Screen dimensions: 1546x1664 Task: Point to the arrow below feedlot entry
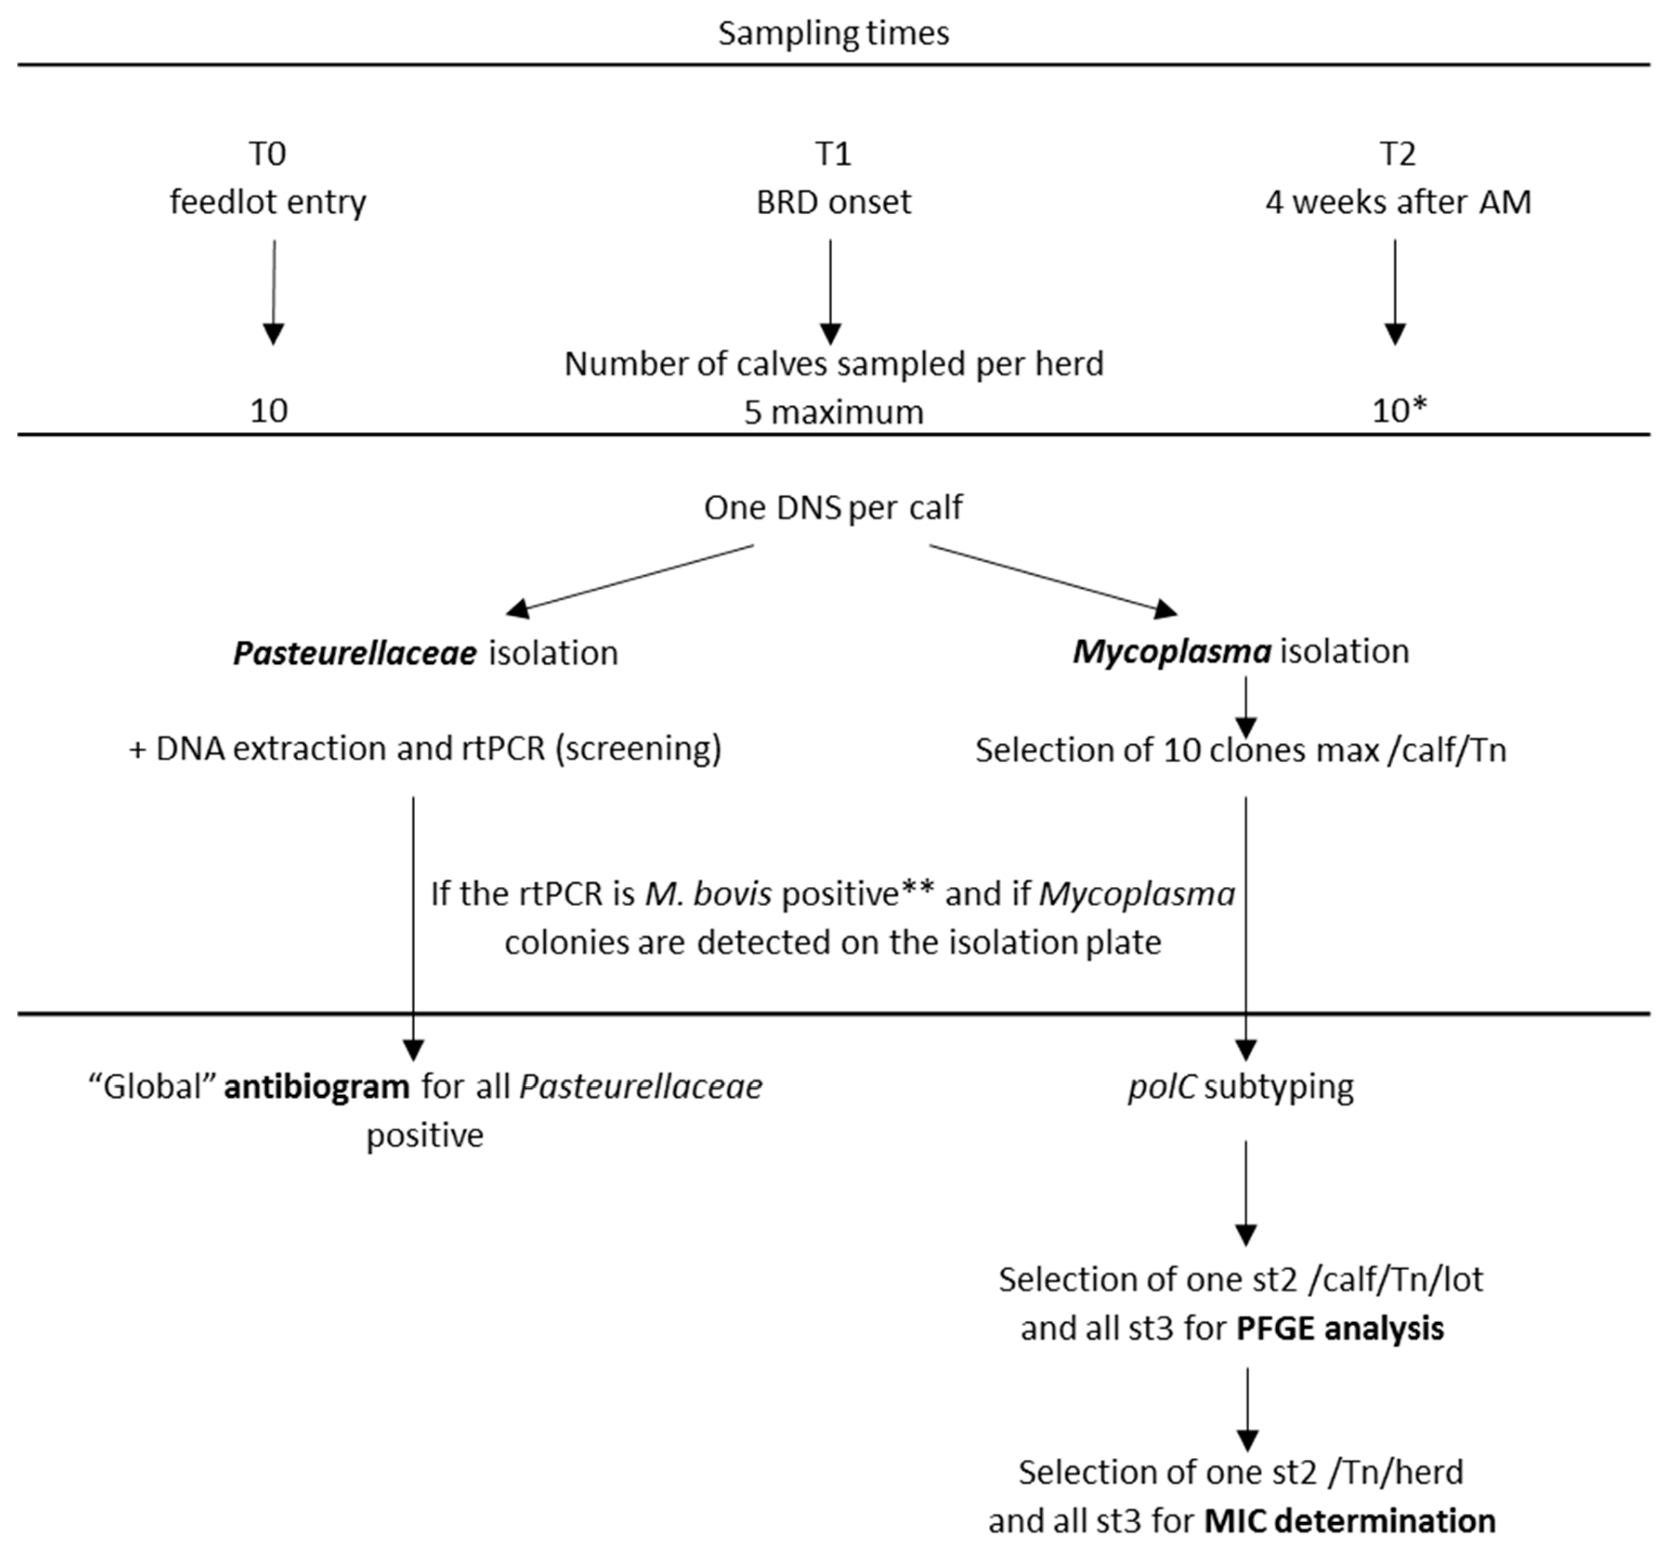click(274, 293)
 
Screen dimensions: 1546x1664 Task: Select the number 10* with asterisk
click(1399, 411)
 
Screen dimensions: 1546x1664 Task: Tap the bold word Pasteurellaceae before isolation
click(355, 653)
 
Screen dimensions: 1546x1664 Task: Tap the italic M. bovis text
click(708, 894)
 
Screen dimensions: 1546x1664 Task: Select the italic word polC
click(1161, 1087)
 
